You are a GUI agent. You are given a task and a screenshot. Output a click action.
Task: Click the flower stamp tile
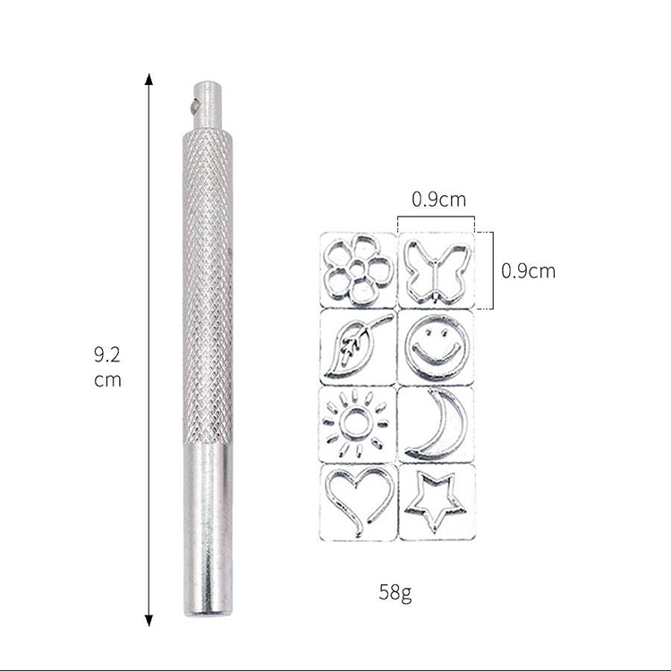[x=358, y=269]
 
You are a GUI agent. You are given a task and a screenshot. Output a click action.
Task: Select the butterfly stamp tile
[x=436, y=269]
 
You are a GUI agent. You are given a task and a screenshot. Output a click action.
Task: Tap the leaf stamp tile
[x=358, y=347]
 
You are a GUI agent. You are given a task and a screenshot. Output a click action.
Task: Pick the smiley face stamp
[x=436, y=347]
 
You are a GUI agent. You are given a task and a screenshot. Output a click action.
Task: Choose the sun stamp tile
[x=358, y=424]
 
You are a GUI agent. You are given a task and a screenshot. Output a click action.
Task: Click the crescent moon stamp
[x=436, y=424]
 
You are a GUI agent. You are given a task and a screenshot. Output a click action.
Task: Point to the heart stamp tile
[x=358, y=503]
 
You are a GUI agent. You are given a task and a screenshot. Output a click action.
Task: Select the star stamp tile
[x=437, y=503]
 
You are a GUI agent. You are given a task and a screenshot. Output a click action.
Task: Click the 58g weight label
[x=395, y=592]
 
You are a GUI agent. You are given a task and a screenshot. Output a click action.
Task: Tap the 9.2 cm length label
[x=107, y=367]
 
